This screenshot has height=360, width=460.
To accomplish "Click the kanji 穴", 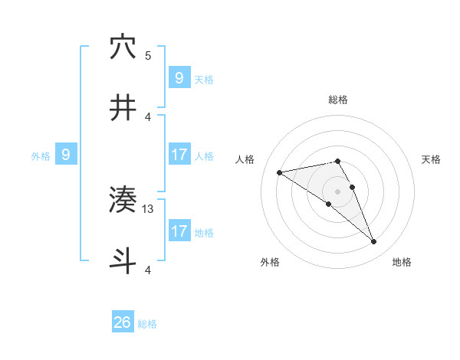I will (123, 48).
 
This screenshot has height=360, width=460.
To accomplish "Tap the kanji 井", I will (123, 108).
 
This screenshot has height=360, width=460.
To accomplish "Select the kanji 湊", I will (123, 201).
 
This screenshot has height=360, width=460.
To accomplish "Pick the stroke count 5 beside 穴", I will (148, 55).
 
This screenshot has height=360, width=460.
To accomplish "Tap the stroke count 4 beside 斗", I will (148, 270).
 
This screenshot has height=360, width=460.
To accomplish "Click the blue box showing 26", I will (123, 322).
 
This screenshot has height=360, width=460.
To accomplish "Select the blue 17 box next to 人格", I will (179, 155).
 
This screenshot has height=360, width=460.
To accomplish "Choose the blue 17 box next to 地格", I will (179, 231).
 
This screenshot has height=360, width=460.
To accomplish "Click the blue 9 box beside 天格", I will (179, 77).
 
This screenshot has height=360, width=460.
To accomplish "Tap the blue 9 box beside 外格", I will (66, 155).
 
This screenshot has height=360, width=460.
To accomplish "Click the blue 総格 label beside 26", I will (147, 324).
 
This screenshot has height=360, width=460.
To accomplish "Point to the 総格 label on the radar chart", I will (337, 100).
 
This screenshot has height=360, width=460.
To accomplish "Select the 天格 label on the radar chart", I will (432, 159).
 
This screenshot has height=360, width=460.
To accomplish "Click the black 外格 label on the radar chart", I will (270, 262).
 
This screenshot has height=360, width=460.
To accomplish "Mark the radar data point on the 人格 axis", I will (280, 172).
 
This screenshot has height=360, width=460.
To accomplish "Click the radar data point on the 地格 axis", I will (374, 242).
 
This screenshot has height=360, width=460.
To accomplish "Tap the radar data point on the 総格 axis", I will (337, 162).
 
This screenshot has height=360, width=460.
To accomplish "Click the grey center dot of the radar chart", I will (337, 191).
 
